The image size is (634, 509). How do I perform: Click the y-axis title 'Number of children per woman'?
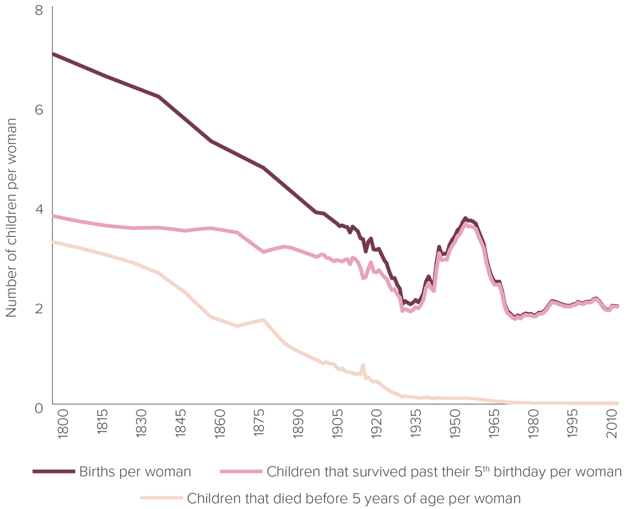tap(12, 217)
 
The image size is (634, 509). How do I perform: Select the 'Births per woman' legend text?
tap(135, 472)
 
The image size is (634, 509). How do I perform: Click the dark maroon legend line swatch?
tap(53, 472)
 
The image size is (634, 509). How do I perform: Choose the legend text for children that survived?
tap(444, 472)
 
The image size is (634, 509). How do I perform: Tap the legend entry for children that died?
tap(353, 499)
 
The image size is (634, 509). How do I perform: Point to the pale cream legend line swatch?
tap(162, 499)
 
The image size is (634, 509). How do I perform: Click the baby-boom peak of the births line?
tap(465, 219)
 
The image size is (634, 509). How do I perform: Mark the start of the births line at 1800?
tap(53, 54)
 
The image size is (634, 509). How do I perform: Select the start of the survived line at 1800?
tap(53, 216)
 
